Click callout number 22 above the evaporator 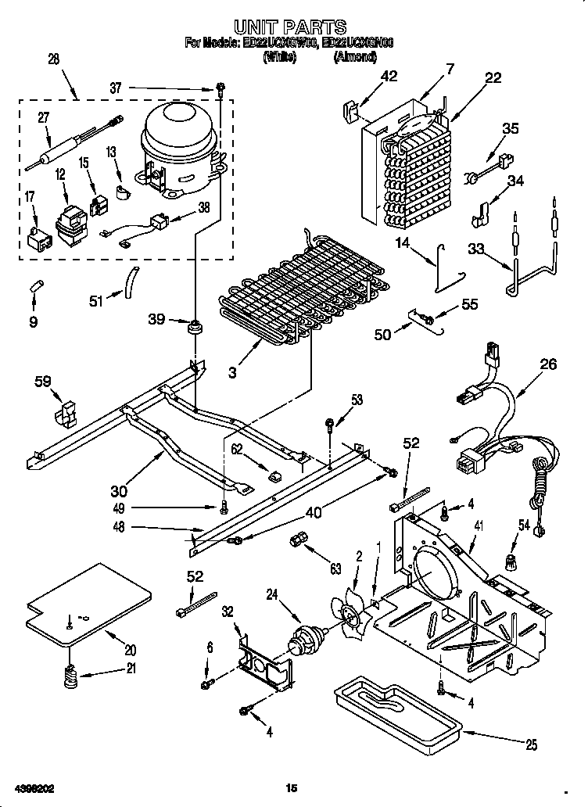click(493, 77)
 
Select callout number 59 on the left click(44, 382)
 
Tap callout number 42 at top click(389, 76)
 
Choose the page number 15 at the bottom click(292, 787)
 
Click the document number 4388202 click(33, 787)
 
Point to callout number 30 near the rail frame click(118, 491)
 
